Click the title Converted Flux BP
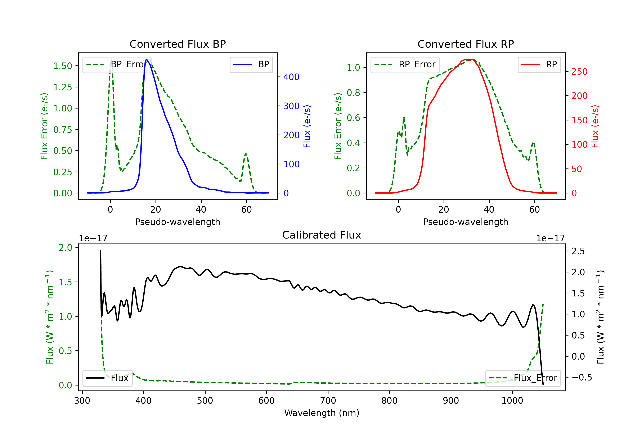point(178,44)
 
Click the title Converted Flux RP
point(466,44)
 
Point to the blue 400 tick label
point(291,77)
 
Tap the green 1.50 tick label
point(63,66)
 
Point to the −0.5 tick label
point(582,378)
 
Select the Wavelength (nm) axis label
point(322,413)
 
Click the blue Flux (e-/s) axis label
point(307,126)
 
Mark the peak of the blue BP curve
point(147,59)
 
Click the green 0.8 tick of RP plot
point(353,93)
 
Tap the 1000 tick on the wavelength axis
point(512,401)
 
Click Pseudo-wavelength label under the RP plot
point(466,222)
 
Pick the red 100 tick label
point(579,144)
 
